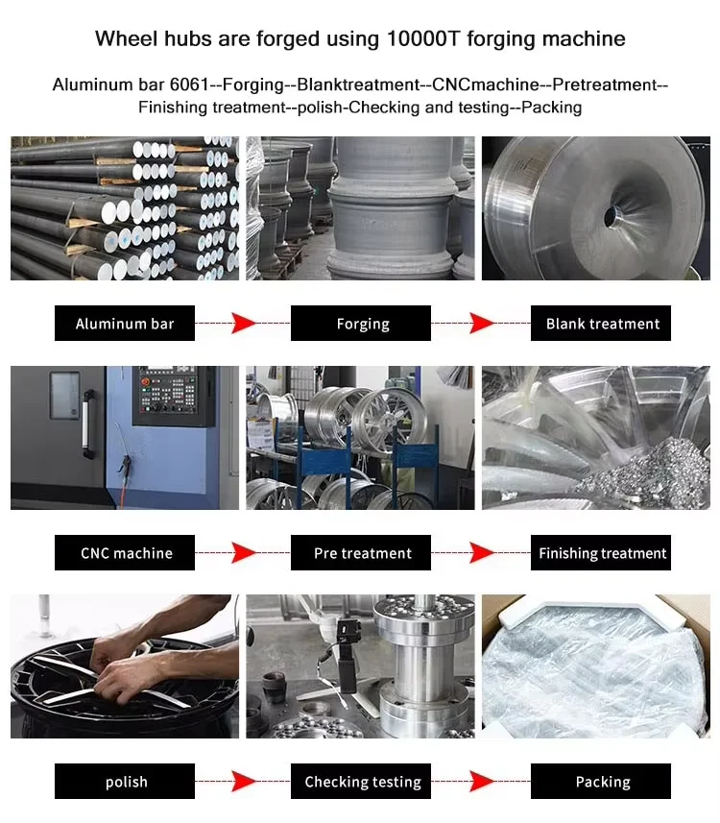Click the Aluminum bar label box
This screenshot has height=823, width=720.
click(x=125, y=324)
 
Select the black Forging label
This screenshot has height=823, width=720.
click(x=361, y=324)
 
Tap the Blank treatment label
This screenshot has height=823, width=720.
click(x=601, y=324)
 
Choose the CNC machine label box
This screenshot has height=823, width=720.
click(x=125, y=553)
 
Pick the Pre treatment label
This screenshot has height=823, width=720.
click(x=361, y=553)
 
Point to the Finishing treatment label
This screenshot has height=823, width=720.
click(x=601, y=553)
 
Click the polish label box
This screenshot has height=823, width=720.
click(x=125, y=782)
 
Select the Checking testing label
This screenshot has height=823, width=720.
click(x=361, y=782)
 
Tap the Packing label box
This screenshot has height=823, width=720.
click(x=601, y=782)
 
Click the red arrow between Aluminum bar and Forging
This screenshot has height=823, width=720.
click(x=243, y=324)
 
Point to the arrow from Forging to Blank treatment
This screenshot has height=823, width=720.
click(x=481, y=324)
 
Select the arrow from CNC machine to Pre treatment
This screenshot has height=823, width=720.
click(x=243, y=553)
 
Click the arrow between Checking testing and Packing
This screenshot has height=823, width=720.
click(x=481, y=782)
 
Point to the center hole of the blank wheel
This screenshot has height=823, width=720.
click(x=611, y=216)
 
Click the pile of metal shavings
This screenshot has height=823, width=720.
click(x=651, y=475)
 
